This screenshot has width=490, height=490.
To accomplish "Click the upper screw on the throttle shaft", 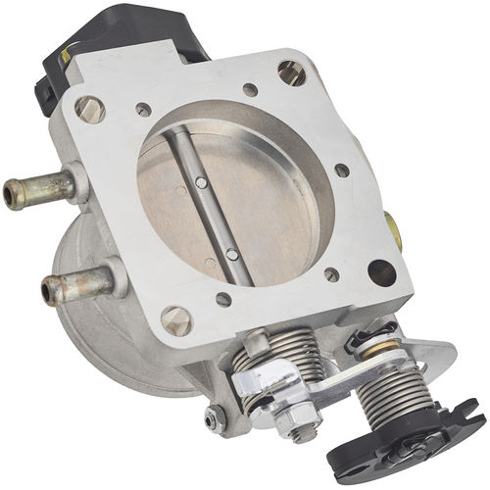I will pyautogui.click(x=200, y=182).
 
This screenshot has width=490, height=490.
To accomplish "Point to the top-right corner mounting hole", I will pyautogui.click(x=292, y=71).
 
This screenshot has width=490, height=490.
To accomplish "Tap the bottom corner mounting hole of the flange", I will pyautogui.click(x=176, y=318).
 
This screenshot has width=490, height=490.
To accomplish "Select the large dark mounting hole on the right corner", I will pyautogui.click(x=381, y=271).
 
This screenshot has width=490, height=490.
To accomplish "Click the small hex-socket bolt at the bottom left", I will pyautogui.click(x=215, y=418).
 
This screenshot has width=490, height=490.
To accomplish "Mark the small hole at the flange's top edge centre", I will pyautogui.click(x=250, y=90).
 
